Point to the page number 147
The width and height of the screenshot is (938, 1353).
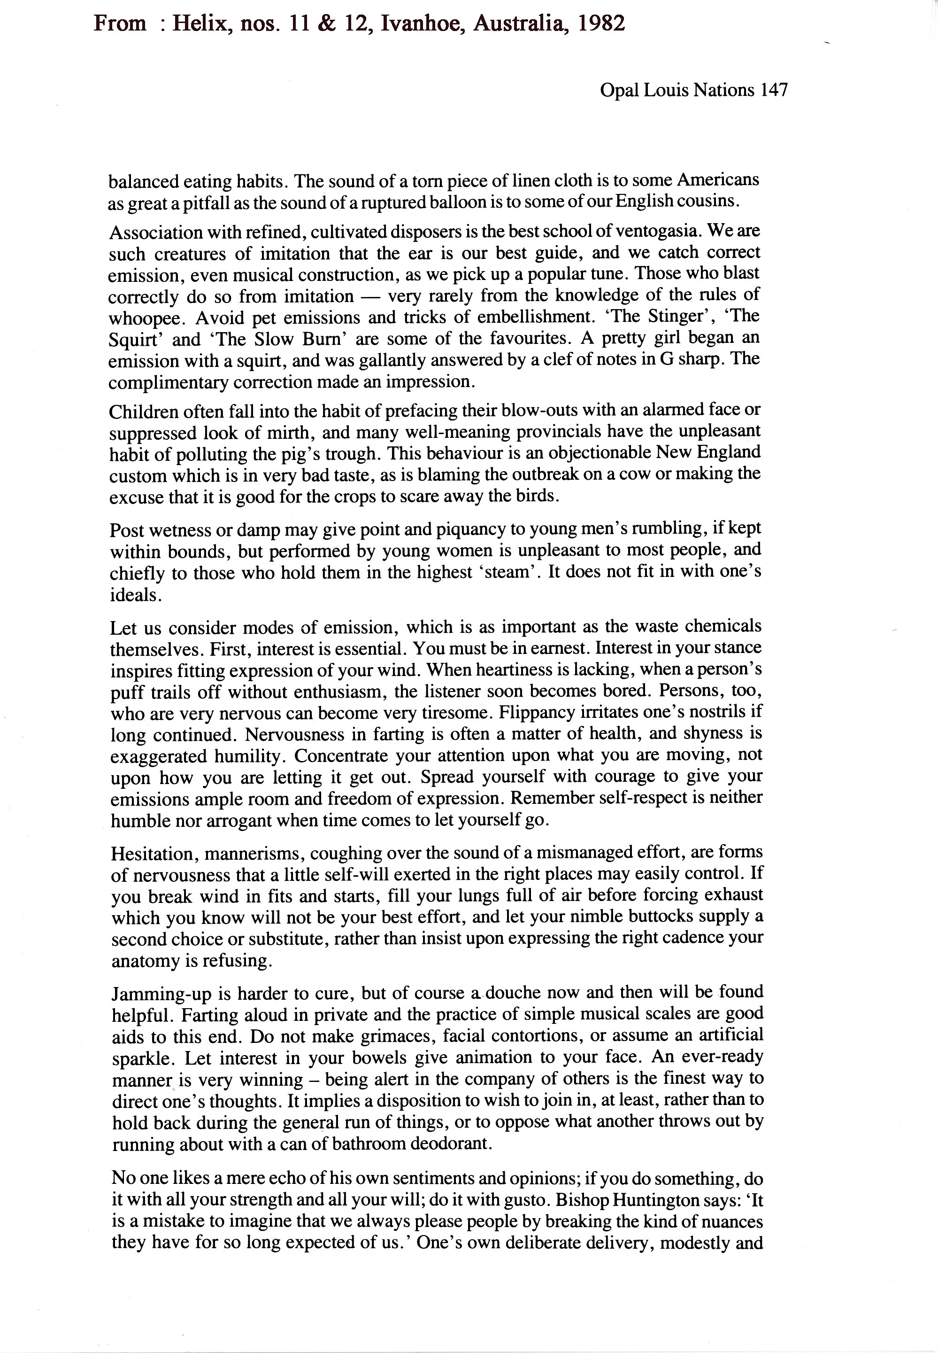pos(773,90)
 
